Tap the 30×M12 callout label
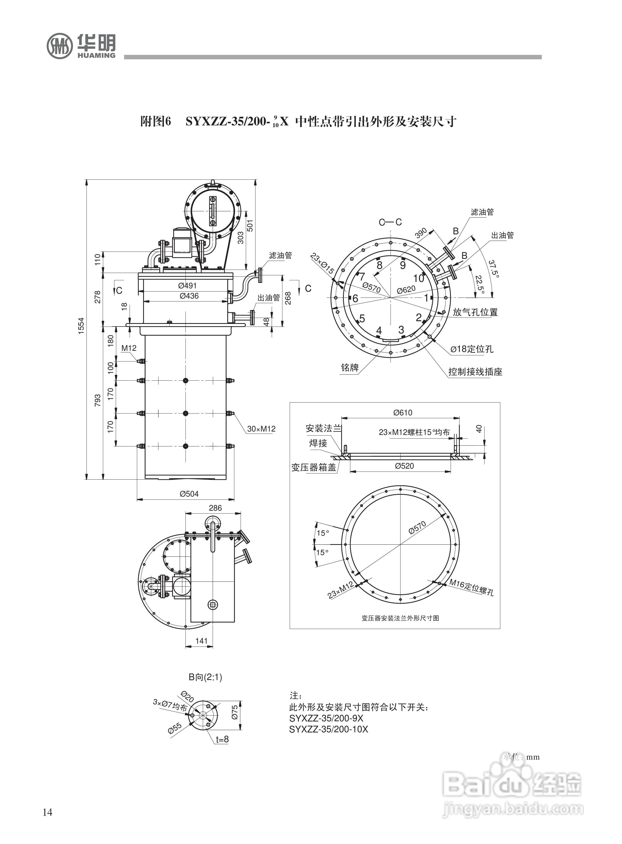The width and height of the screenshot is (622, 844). (x=261, y=429)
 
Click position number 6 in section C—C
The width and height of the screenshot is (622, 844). (x=355, y=299)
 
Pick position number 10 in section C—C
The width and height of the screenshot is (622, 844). (x=419, y=278)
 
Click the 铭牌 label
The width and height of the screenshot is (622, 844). (x=350, y=368)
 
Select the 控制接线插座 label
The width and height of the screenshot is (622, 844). (x=475, y=372)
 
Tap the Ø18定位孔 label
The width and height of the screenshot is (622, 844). (x=472, y=349)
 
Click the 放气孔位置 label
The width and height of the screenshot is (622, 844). (x=475, y=312)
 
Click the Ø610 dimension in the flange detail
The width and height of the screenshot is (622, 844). (x=403, y=412)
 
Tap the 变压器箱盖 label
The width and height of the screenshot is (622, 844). (x=314, y=468)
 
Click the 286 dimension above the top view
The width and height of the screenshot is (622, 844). (x=215, y=508)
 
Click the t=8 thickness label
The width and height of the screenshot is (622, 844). (x=222, y=739)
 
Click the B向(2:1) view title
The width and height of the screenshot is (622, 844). (x=206, y=677)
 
